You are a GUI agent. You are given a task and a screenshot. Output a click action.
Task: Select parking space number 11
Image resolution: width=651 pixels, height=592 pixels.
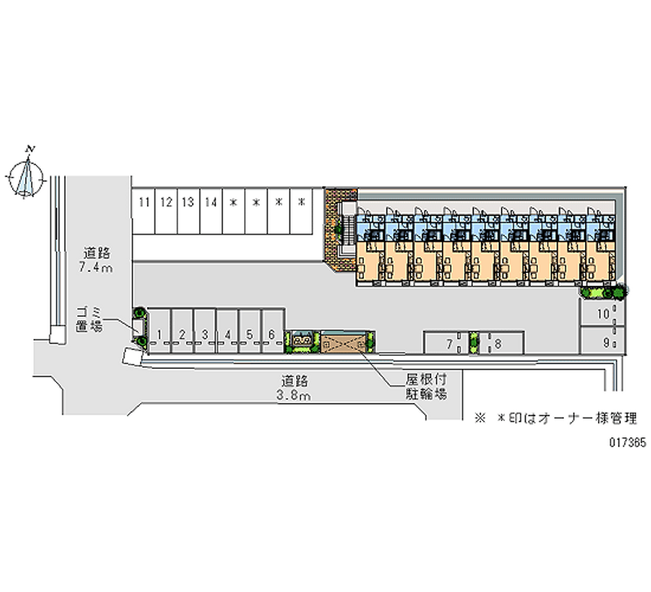[144, 212]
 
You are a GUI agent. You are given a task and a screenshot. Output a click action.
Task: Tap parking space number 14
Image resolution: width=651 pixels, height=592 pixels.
[211, 212]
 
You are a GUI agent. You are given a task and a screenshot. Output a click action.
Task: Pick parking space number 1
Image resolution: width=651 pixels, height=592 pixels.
[159, 331]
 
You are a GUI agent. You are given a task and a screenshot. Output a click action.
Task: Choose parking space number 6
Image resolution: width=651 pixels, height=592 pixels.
[273, 331]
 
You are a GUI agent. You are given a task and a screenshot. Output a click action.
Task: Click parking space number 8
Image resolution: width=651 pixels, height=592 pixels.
[501, 343]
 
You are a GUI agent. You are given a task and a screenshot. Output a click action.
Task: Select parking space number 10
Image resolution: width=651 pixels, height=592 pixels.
[602, 313]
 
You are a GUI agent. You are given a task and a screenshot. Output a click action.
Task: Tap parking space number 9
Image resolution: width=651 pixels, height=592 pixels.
[602, 340]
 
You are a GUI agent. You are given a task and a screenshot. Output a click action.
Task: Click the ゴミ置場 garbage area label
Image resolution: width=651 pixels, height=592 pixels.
[89, 319]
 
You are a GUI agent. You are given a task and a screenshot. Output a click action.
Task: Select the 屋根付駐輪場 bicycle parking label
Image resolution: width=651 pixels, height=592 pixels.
[426, 386]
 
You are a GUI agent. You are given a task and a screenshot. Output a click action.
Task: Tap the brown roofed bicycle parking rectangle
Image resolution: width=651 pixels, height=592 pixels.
[343, 342]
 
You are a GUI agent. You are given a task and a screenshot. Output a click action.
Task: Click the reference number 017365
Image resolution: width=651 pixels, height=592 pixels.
[627, 443]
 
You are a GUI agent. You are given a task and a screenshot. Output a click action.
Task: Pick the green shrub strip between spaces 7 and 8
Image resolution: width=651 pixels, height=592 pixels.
[474, 343]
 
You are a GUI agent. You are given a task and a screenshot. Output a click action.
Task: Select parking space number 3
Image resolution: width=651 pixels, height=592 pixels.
[205, 331]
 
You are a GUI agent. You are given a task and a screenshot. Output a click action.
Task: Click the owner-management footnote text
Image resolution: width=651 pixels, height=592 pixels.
[556, 418]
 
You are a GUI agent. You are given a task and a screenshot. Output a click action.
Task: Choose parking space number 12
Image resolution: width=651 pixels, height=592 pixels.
[166, 212]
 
